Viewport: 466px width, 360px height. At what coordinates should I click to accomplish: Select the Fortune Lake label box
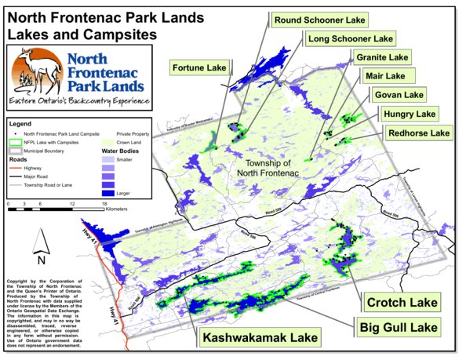pyautogui.click(x=198, y=68)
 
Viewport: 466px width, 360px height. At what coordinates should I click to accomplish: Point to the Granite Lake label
pyautogui.click(x=382, y=58)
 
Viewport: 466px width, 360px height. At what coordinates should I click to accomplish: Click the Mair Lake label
pyautogui.click(x=384, y=76)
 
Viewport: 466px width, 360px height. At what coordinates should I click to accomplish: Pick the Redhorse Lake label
pyautogui.click(x=419, y=133)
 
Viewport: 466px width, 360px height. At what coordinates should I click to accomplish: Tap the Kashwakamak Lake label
pyautogui.click(x=260, y=338)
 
